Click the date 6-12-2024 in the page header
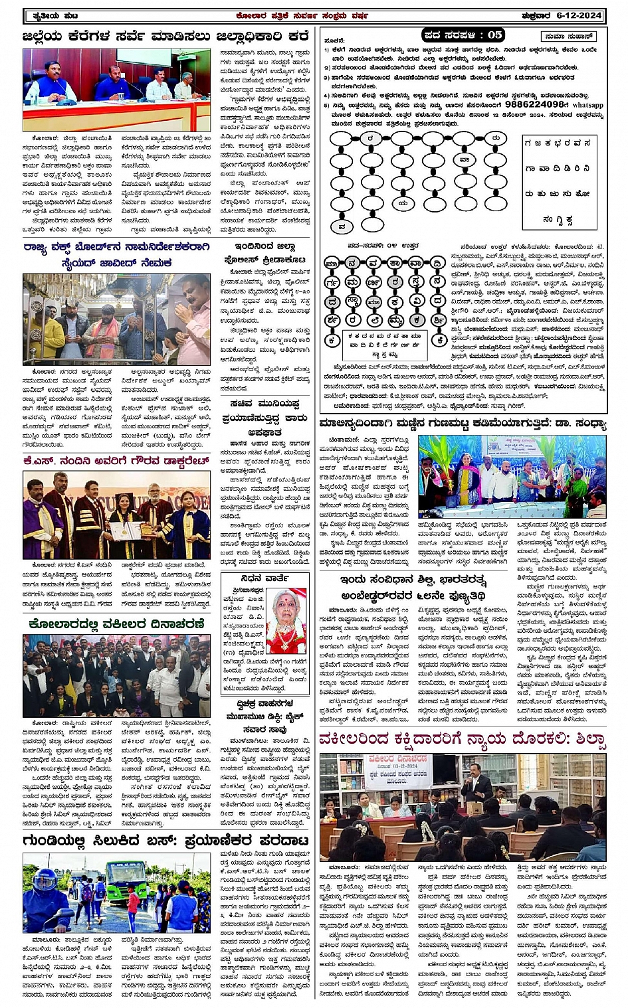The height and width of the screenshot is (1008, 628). [581, 15]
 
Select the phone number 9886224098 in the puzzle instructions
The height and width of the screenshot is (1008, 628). [536, 105]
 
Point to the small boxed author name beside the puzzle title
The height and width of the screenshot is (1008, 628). [568, 36]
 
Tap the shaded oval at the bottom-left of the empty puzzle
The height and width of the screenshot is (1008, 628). [342, 226]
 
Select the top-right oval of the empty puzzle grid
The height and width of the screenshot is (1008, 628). [495, 138]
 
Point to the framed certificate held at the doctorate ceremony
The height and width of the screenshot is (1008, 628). [120, 530]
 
